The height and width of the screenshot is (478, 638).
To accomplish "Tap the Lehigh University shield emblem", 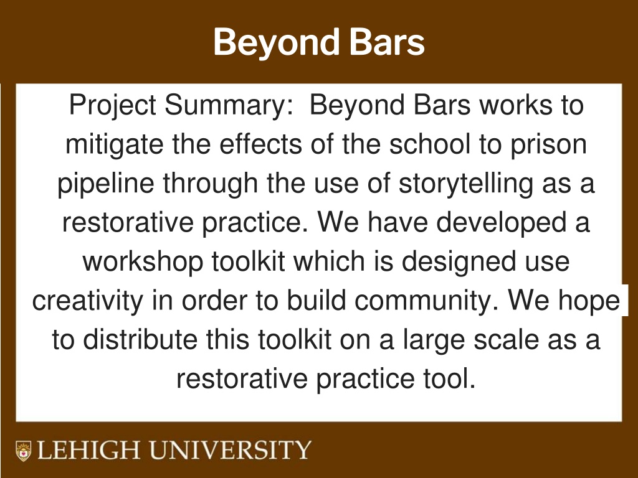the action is click(23, 451).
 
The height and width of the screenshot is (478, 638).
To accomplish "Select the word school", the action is click(430, 144).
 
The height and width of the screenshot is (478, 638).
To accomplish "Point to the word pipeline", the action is click(105, 184).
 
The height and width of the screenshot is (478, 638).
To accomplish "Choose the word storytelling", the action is click(466, 184).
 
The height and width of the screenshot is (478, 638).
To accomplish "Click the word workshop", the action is click(143, 262).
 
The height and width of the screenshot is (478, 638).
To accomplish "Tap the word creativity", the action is click(88, 301).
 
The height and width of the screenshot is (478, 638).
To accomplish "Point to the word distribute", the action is click(140, 339).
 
